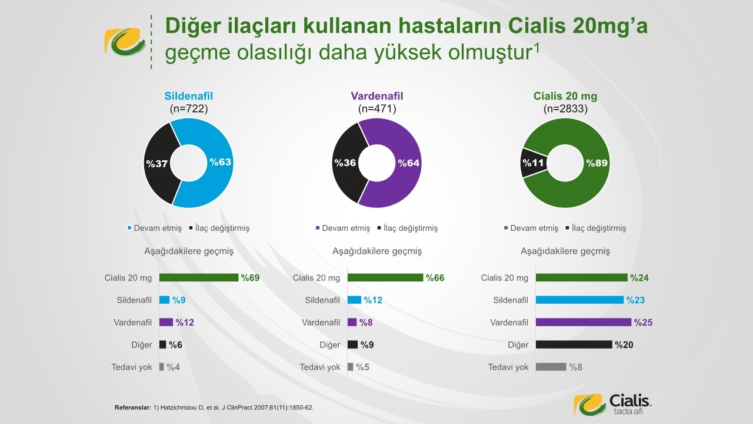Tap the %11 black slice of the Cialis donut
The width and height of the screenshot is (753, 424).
point(533,163)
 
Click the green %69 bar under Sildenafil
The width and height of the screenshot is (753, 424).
point(199,277)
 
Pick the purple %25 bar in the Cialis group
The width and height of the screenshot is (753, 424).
point(584,322)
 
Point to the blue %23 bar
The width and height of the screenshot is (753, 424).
point(579,300)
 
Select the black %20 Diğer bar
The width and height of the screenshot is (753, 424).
point(574,344)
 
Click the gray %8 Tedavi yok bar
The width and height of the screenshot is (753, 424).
point(551,367)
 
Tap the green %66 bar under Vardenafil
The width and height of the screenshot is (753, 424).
point(385,277)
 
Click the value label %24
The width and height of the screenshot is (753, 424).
point(639,278)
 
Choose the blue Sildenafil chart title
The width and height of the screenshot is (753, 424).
point(189,96)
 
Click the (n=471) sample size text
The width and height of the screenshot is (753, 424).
point(377,109)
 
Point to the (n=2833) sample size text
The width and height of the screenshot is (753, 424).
point(565,109)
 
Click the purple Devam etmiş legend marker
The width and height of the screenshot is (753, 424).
point(318,228)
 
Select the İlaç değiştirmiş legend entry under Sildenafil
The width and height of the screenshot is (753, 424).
point(219,228)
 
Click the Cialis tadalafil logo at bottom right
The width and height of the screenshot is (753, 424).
point(612,404)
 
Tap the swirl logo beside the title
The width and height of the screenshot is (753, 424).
point(125,41)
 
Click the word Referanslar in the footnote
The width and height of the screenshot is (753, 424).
point(133,408)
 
